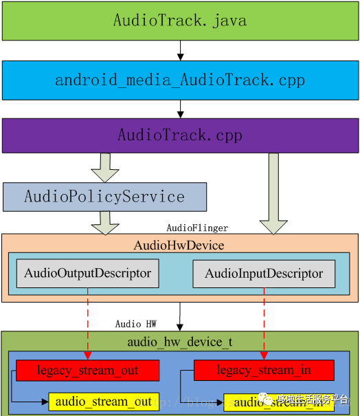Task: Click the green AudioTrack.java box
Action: click(x=180, y=21)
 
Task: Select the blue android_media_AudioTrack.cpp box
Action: click(x=180, y=80)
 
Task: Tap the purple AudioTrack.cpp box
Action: click(x=180, y=135)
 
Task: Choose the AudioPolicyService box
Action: click(x=104, y=197)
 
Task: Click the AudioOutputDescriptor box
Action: click(x=87, y=274)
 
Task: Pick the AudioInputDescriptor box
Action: click(x=264, y=274)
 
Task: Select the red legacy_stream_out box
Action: click(x=87, y=371)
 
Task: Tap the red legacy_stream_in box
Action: click(x=264, y=371)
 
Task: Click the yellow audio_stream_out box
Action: click(x=103, y=402)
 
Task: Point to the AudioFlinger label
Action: click(x=197, y=228)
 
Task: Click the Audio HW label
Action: click(x=135, y=324)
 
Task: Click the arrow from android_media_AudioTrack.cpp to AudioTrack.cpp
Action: click(x=180, y=109)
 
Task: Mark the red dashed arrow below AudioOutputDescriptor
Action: click(x=87, y=323)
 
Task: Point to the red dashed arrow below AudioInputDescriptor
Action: click(x=265, y=323)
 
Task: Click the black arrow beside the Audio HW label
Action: click(x=180, y=318)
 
